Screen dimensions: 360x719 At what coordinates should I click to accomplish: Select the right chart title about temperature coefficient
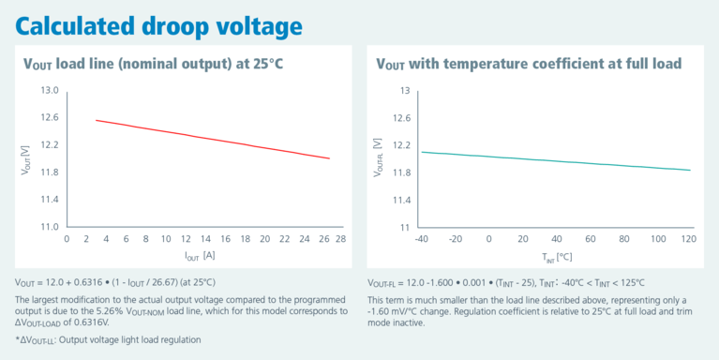(528, 64)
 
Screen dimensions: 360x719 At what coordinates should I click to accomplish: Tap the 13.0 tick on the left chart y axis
(49, 91)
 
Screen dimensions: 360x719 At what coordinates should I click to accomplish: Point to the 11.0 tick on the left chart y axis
(49, 227)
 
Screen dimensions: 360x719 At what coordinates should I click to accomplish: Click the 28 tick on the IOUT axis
(341, 240)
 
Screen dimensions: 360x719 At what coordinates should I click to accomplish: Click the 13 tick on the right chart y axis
(405, 91)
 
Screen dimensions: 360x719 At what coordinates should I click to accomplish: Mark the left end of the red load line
(96, 120)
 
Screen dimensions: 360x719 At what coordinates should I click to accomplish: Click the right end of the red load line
(330, 158)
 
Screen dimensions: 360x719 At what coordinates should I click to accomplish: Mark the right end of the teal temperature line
(690, 170)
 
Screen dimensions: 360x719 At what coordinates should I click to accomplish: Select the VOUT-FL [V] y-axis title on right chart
(379, 159)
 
